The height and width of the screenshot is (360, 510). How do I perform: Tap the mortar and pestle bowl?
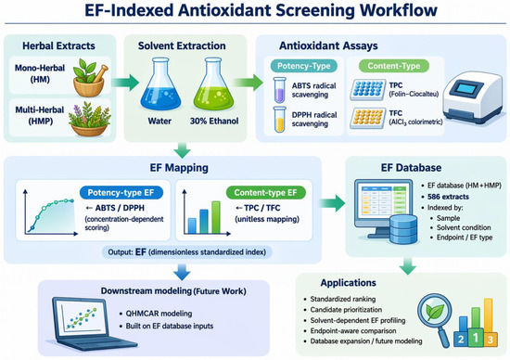89,81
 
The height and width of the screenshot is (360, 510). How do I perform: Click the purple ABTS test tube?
279,89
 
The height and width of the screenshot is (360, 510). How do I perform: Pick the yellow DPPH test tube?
279,119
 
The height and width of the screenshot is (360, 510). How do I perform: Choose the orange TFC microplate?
368,119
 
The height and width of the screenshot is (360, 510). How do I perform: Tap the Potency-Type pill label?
303,66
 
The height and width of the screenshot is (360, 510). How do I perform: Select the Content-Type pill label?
394,66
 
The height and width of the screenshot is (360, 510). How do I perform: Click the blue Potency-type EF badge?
121,193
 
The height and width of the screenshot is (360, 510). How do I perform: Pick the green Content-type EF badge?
266,193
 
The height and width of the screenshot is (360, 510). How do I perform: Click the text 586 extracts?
448,197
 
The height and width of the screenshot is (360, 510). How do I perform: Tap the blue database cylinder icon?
403,229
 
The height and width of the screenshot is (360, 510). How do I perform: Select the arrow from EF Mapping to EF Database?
332,203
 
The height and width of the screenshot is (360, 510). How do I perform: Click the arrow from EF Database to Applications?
408,266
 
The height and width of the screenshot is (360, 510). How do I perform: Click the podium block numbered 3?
490,340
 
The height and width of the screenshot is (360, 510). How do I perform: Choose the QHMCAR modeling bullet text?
159,314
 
